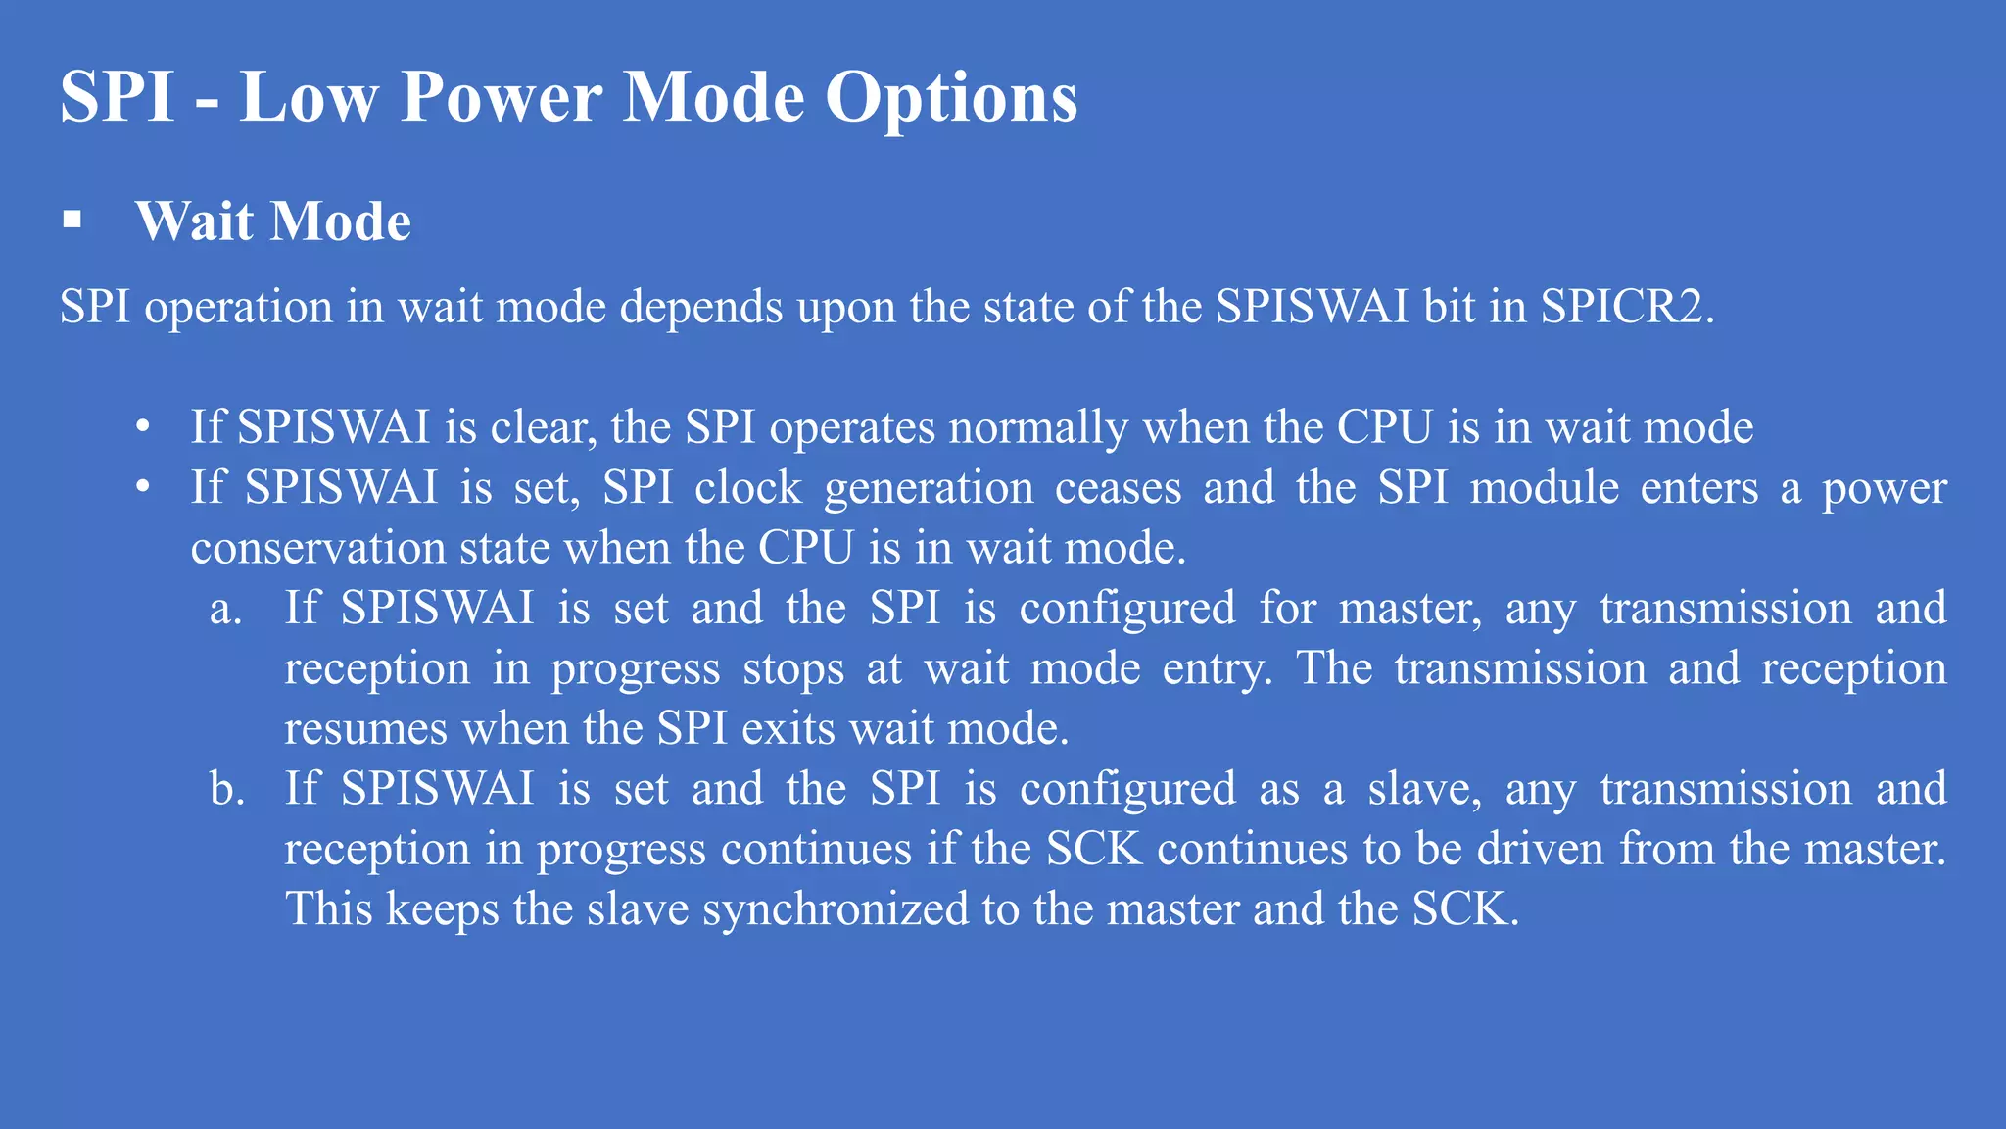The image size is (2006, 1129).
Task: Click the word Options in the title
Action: [x=950, y=98]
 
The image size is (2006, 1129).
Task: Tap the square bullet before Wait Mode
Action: [x=72, y=220]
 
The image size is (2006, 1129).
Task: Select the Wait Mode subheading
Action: [x=273, y=221]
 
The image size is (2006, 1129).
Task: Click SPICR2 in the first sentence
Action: [x=1627, y=307]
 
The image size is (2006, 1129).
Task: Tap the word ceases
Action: [x=1118, y=488]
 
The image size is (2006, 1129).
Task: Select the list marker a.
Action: [x=225, y=610]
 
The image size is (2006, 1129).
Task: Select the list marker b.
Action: [x=227, y=789]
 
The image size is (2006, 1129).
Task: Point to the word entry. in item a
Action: [x=1218, y=669]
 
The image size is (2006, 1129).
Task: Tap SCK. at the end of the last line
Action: [x=1465, y=909]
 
